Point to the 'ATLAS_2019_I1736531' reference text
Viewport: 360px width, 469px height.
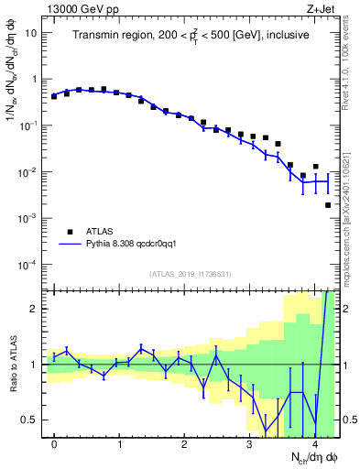[191, 274]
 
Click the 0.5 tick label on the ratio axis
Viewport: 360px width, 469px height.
[30, 420]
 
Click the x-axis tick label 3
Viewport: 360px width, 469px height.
[250, 444]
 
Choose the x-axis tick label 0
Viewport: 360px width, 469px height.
[54, 444]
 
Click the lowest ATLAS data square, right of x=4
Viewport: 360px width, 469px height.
[328, 205]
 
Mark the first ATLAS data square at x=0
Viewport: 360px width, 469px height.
[54, 96]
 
